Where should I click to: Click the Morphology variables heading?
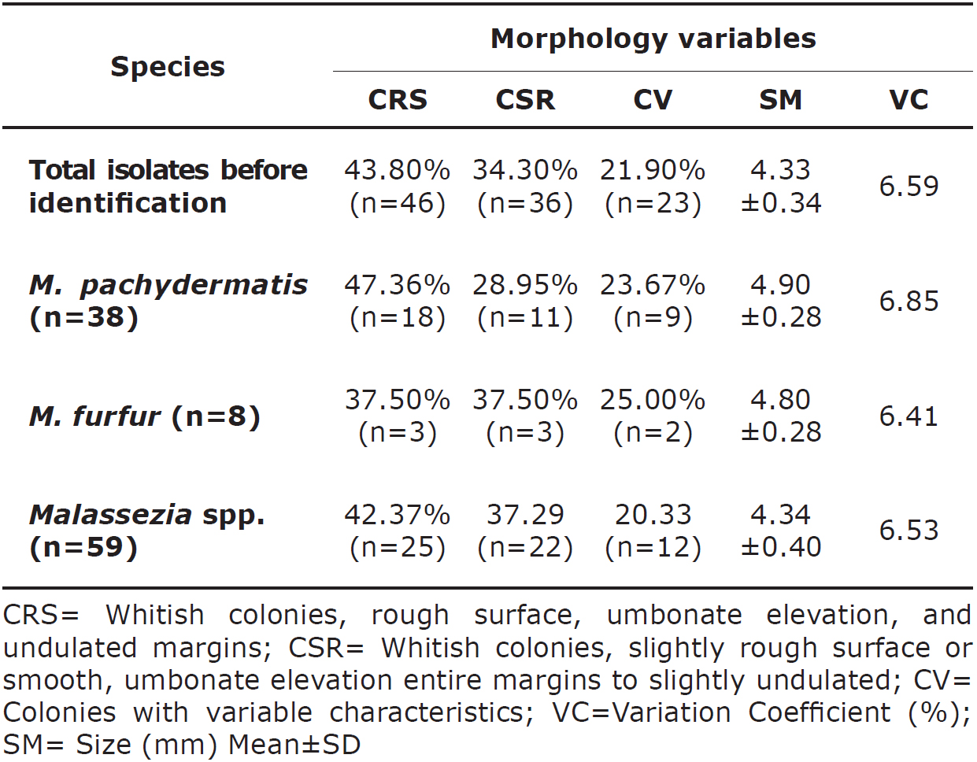[653, 39]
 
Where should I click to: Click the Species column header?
[167, 67]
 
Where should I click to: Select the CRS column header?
[398, 100]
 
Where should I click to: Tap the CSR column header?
[525, 100]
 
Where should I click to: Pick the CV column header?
[653, 100]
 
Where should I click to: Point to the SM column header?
[780, 100]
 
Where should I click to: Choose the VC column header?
[909, 100]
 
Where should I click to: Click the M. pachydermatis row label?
[168, 301]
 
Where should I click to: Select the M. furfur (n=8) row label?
[145, 416]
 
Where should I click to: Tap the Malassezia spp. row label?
[146, 530]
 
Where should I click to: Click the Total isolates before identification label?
[168, 187]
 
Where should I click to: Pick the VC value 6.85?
[909, 301]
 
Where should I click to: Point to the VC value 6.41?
[909, 416]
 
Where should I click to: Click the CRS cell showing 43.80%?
[398, 187]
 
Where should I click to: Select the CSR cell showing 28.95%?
[525, 301]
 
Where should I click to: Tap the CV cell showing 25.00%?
[653, 416]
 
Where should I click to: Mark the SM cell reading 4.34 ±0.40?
[780, 530]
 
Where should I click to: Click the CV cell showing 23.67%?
[653, 301]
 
